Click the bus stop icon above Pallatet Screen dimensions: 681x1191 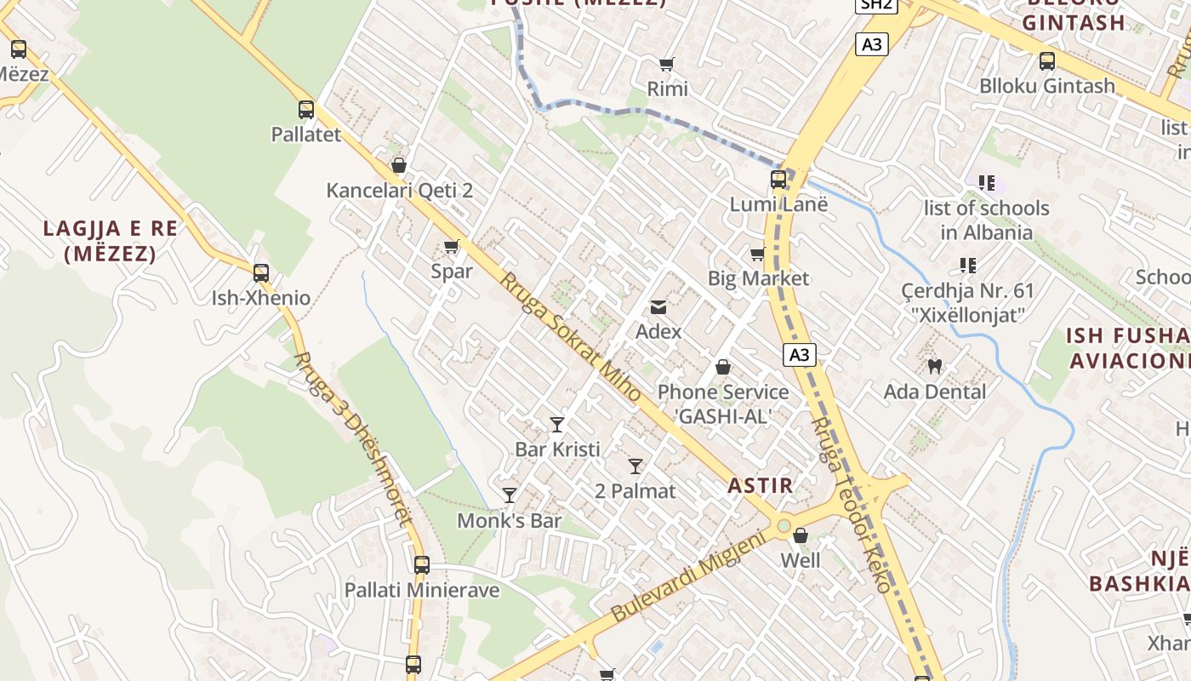(x=306, y=110)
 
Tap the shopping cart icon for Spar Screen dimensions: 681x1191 (x=452, y=247)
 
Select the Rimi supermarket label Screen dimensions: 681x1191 (x=668, y=89)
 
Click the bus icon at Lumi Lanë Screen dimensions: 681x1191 (x=778, y=179)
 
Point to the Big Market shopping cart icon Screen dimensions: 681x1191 (x=758, y=254)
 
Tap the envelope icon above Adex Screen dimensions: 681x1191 (x=658, y=306)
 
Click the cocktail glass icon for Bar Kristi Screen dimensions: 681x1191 (x=557, y=424)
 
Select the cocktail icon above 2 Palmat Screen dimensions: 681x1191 (x=635, y=466)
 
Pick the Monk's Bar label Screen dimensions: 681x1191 (x=510, y=520)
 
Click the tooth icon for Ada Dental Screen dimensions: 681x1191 (x=934, y=367)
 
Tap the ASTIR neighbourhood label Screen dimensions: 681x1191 (x=761, y=486)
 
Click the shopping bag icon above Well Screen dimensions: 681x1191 (x=801, y=535)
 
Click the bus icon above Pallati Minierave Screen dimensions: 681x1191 (x=422, y=564)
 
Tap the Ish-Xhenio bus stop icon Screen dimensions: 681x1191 (x=261, y=273)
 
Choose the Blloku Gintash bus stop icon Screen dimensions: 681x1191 (x=1047, y=61)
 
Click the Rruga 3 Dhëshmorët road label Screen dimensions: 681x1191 (x=353, y=439)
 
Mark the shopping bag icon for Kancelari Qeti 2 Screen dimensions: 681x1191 (x=399, y=165)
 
